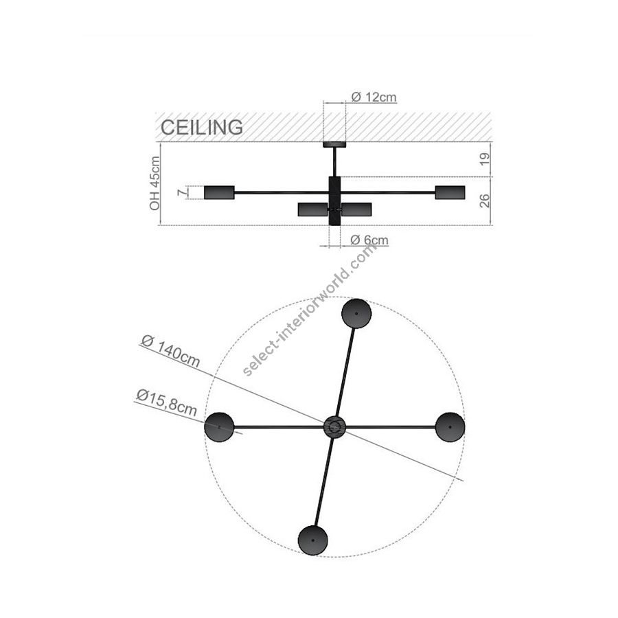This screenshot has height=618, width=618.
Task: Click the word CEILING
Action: pyautogui.click(x=202, y=127)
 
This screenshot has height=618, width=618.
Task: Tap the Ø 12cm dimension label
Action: pyautogui.click(x=374, y=97)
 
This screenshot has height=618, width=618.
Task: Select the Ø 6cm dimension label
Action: pyautogui.click(x=369, y=240)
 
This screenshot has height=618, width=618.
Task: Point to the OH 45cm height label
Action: pyautogui.click(x=155, y=183)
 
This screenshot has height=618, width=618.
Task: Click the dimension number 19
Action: pyautogui.click(x=485, y=159)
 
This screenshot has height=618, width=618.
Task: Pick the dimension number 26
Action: pyautogui.click(x=485, y=201)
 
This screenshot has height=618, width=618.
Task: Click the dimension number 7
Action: pyautogui.click(x=182, y=193)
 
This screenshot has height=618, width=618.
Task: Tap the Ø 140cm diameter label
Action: pyautogui.click(x=171, y=351)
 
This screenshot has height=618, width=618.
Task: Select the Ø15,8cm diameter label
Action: pyautogui.click(x=167, y=403)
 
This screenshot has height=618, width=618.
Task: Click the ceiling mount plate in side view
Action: pyautogui.click(x=334, y=145)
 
